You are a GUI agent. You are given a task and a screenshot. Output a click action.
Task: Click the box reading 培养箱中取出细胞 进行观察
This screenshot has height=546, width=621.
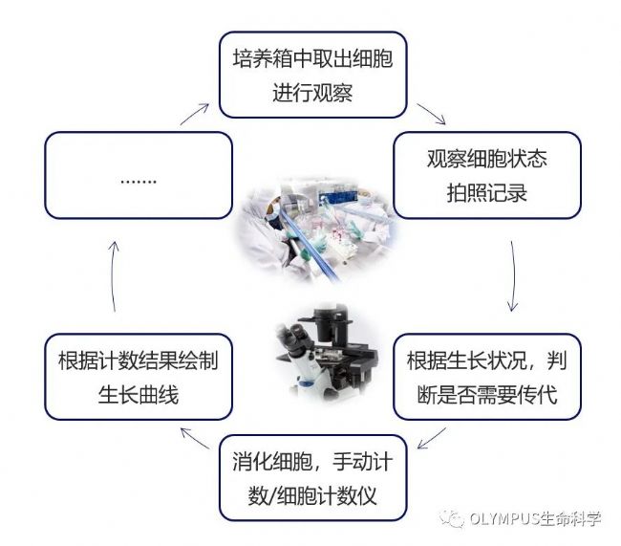(x=312, y=76)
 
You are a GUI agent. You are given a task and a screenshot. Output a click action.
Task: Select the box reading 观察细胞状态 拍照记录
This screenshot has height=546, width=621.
(x=486, y=175)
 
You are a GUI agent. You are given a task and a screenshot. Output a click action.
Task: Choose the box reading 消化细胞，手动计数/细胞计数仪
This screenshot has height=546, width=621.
(x=312, y=479)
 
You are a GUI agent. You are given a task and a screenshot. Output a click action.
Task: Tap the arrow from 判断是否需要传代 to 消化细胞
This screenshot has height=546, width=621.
(x=435, y=438)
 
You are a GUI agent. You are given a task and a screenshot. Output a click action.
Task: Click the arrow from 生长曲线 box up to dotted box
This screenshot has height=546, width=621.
(x=113, y=277)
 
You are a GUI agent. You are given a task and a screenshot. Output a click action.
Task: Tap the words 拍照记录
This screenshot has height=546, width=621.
(x=486, y=193)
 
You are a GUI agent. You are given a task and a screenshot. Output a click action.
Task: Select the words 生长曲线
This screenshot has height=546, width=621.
(x=139, y=394)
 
